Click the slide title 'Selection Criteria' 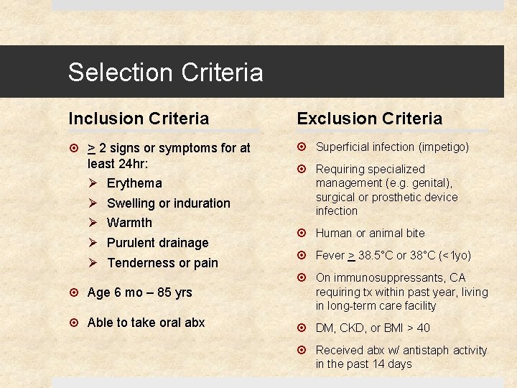click(165, 73)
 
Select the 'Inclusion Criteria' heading click(139, 119)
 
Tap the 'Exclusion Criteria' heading click(370, 119)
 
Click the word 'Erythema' click(134, 183)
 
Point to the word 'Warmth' click(129, 223)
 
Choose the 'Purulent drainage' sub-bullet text click(157, 243)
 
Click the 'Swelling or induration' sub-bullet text click(169, 203)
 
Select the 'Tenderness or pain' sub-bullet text click(162, 263)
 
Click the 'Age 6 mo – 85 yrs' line click(139, 292)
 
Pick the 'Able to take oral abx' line click(146, 323)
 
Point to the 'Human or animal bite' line click(370, 234)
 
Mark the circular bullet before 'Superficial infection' click(302, 147)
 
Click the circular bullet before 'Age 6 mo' click(74, 292)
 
